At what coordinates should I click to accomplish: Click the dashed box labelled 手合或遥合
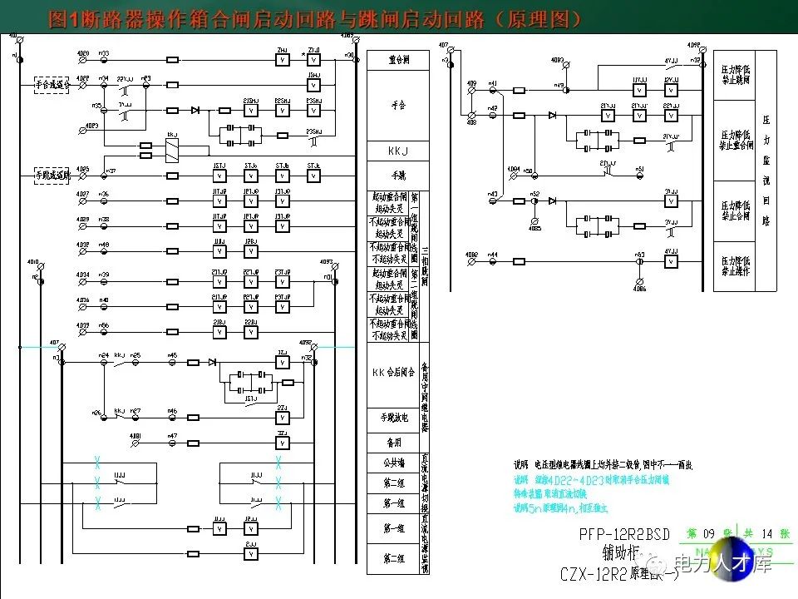[x=51, y=83]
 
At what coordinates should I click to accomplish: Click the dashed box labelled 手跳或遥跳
[x=51, y=176]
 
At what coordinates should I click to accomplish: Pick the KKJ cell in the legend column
[x=398, y=151]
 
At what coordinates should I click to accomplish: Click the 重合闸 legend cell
[x=398, y=61]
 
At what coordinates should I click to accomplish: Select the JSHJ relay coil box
[x=313, y=84]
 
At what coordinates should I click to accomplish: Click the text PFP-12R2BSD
[x=626, y=535]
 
